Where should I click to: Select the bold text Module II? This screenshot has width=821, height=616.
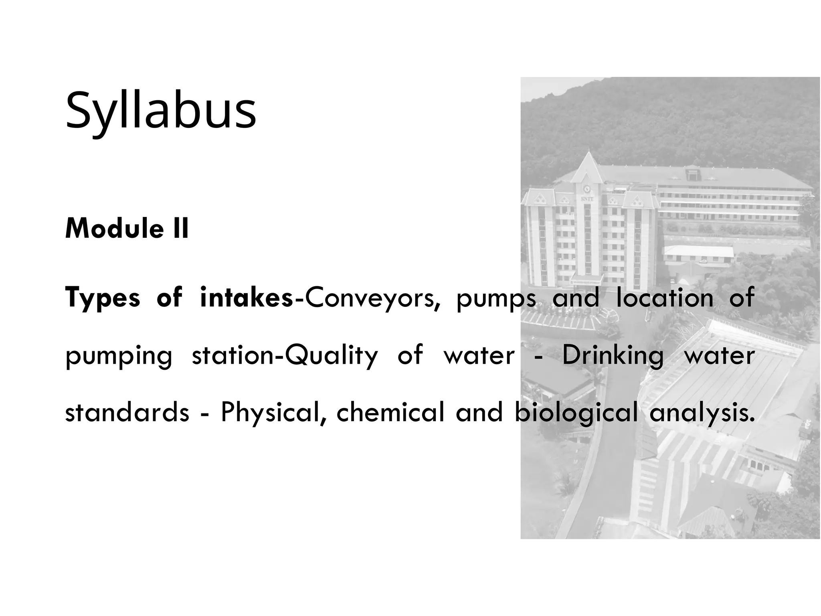click(127, 228)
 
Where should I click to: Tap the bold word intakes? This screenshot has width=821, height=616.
click(246, 298)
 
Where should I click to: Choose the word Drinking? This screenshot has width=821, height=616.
click(613, 356)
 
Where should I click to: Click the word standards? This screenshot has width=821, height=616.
click(127, 413)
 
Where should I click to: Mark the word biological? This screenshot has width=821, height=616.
click(576, 413)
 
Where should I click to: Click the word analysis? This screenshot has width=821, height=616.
click(702, 413)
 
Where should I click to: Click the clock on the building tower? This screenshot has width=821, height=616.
click(587, 188)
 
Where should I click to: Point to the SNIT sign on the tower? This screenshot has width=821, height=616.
click(587, 198)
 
